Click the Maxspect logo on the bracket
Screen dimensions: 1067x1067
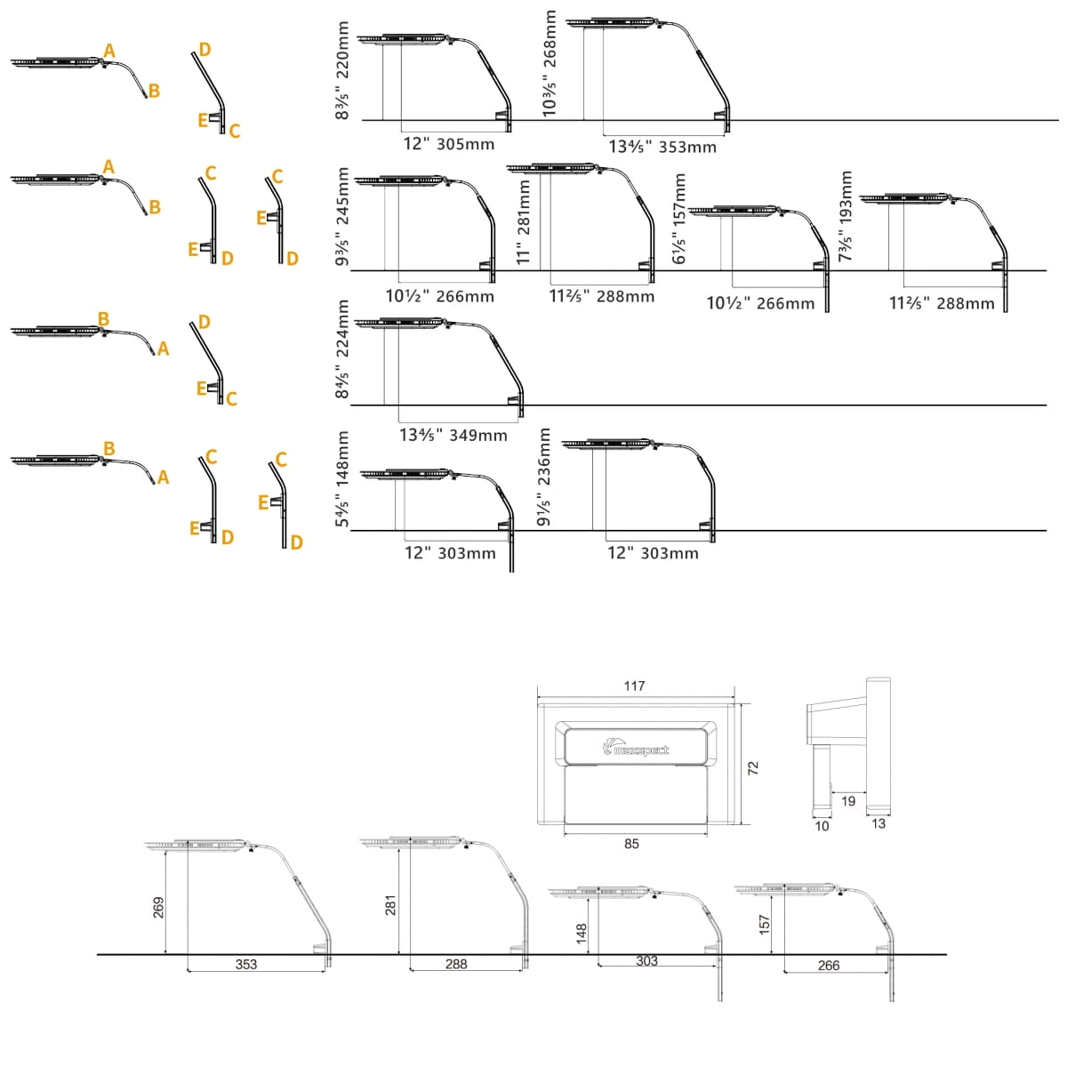tap(635, 749)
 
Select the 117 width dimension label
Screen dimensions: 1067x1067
tap(634, 686)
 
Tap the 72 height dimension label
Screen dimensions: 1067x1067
tap(752, 768)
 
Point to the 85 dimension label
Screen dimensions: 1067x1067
tap(631, 844)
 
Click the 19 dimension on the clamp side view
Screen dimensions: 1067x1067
tap(847, 800)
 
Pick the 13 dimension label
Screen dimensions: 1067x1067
tap(878, 824)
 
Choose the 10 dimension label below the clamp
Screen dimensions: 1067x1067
tap(822, 826)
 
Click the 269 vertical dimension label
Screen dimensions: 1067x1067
tap(158, 908)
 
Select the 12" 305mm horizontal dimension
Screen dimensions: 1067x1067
tap(448, 144)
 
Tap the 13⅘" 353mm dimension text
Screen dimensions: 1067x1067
tap(662, 147)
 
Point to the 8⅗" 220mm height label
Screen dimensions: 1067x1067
tap(342, 70)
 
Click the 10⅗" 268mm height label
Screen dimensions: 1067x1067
tap(549, 64)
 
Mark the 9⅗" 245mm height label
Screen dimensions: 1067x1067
tap(342, 216)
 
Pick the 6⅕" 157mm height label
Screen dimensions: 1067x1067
tap(678, 219)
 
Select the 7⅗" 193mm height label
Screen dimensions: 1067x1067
tap(845, 216)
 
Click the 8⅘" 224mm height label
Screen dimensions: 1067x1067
tap(342, 349)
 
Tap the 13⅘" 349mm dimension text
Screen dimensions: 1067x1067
tap(453, 435)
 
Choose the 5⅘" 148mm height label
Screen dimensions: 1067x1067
tap(342, 479)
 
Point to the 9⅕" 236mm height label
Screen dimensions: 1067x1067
tap(544, 477)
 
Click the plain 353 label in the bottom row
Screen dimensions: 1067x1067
tap(245, 964)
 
